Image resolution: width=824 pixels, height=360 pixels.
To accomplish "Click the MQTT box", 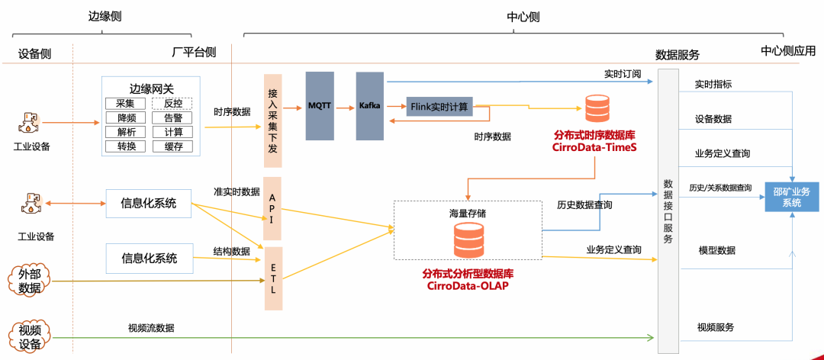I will (x=320, y=106).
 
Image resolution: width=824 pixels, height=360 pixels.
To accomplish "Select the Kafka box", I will (x=369, y=106).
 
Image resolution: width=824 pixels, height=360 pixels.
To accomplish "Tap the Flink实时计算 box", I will (x=439, y=106).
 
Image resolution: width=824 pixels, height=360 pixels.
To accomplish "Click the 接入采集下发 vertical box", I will (x=272, y=121).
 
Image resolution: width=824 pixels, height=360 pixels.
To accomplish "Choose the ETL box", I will (x=272, y=278).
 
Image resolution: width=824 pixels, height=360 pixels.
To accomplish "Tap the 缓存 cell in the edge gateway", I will (x=172, y=146).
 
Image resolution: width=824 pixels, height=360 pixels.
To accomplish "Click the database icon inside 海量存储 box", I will (x=468, y=239).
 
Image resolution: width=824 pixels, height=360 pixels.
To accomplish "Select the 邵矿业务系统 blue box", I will (x=792, y=197).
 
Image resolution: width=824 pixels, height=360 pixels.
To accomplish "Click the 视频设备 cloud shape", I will (x=29, y=336).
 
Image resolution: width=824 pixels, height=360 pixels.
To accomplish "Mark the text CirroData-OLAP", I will (x=468, y=287).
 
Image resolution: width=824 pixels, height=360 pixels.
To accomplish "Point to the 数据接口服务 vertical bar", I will (x=668, y=211).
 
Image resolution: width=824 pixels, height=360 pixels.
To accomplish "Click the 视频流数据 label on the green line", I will (x=151, y=328).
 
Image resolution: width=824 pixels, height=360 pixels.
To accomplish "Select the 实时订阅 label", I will (x=623, y=74).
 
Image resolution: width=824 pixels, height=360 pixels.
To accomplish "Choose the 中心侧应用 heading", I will (x=787, y=51).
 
